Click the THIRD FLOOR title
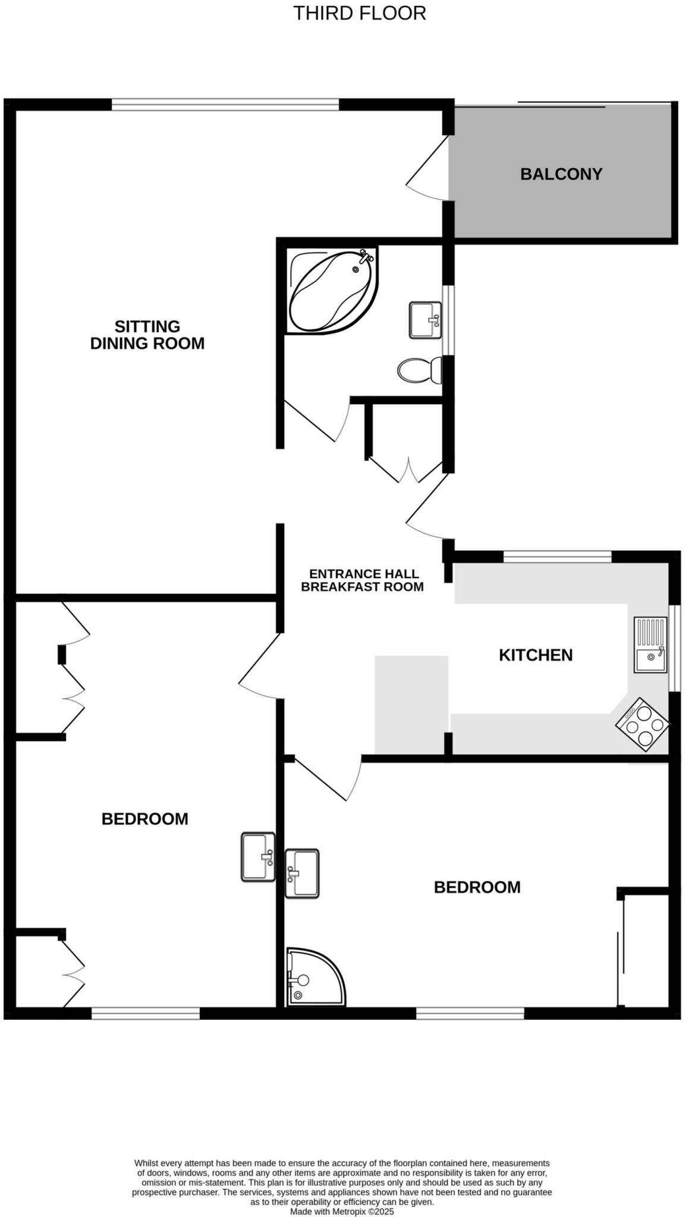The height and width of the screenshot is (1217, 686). (360, 13)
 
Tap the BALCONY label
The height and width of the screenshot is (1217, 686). (561, 174)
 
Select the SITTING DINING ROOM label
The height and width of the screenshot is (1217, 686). (147, 335)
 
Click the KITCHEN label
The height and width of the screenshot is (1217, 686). (536, 655)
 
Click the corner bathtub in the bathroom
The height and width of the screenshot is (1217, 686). (330, 290)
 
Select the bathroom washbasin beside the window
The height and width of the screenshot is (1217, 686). (425, 320)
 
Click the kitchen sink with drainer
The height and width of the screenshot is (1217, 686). (650, 645)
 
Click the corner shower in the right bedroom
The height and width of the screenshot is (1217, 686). (314, 977)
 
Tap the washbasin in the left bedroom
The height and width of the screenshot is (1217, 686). (258, 856)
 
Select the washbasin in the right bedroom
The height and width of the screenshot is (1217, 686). (302, 873)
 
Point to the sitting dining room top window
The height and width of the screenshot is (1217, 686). (225, 105)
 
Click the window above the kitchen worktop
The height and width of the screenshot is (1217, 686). (557, 556)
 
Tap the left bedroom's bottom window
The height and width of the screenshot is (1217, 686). (146, 1013)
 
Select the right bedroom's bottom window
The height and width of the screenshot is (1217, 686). (470, 1013)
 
